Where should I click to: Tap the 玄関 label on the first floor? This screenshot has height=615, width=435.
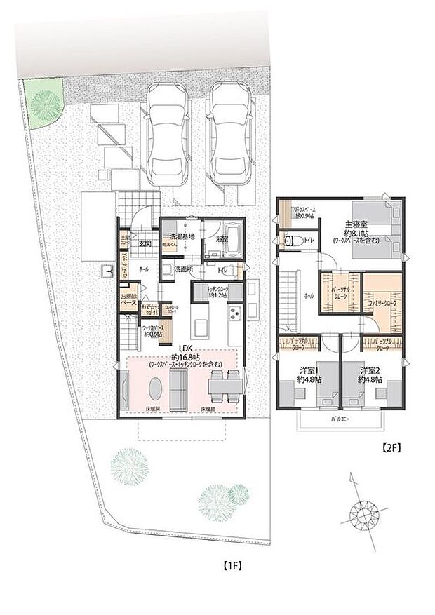click(145, 243)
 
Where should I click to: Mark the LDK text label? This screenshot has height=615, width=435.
click(185, 347)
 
